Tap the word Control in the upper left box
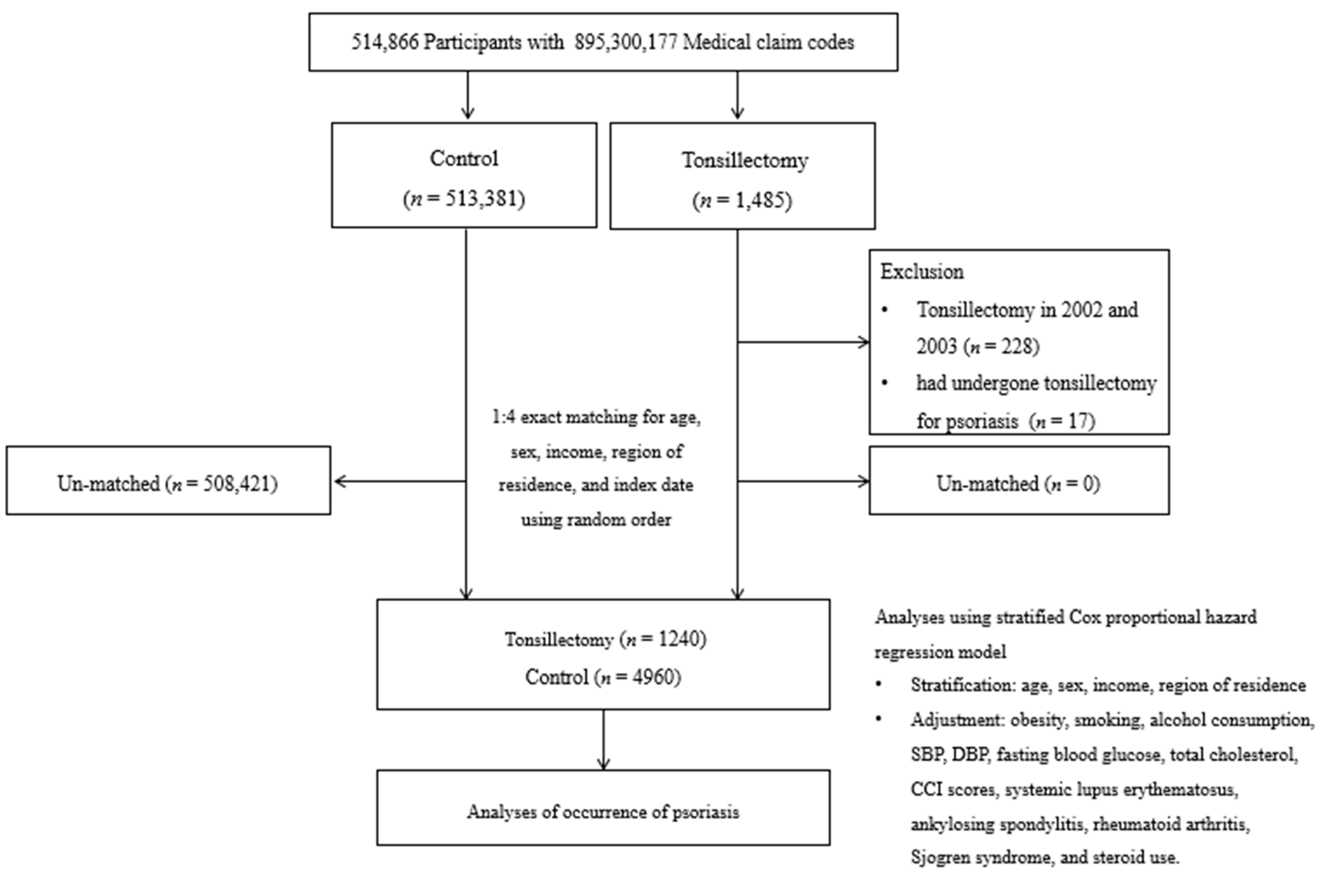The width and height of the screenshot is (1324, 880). pyautogui.click(x=464, y=159)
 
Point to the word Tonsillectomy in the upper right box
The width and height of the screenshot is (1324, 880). pyautogui.click(x=745, y=160)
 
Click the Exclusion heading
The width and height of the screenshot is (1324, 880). pyautogui.click(x=921, y=272)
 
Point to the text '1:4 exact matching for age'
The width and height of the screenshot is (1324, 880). pyautogui.click(x=596, y=418)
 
